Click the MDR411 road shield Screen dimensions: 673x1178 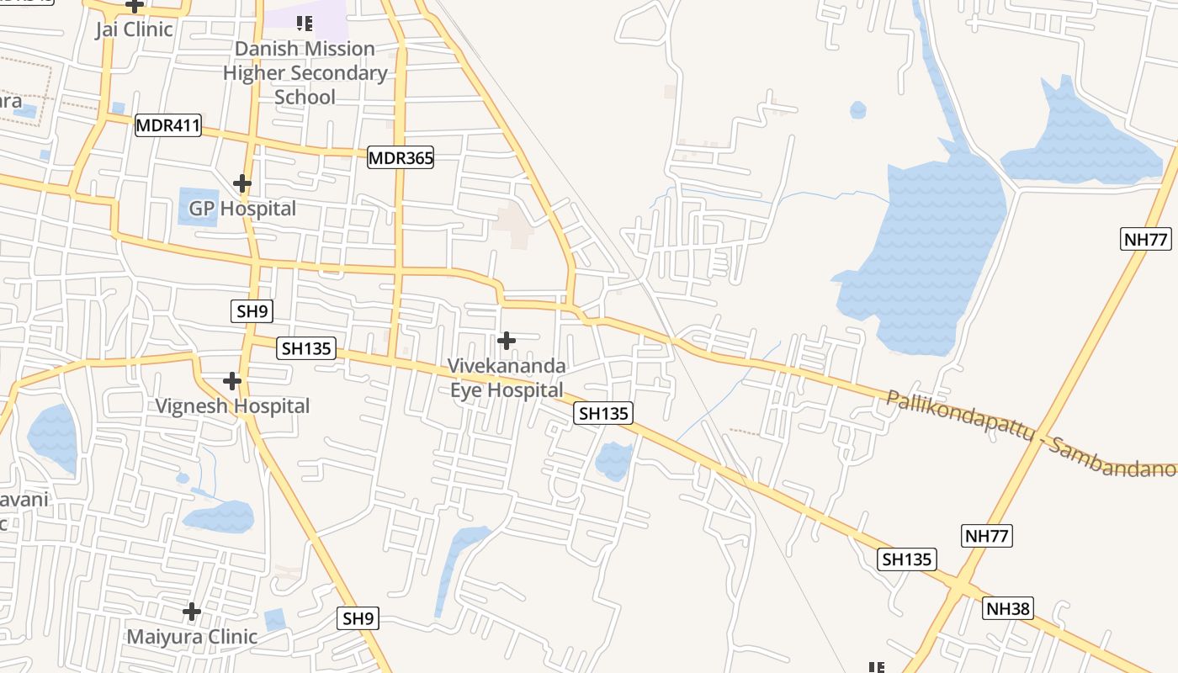point(168,126)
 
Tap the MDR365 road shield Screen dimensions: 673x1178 point(401,157)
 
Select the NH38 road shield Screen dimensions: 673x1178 point(1008,609)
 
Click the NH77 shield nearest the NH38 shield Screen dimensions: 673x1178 point(987,536)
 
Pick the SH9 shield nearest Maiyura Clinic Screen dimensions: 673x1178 point(358,618)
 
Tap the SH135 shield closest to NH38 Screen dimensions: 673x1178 point(908,559)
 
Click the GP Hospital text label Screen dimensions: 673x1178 point(242,208)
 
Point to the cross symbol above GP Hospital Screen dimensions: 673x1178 point(242,183)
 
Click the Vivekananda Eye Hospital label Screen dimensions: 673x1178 point(507,379)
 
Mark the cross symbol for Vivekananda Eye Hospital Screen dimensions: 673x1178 point(507,341)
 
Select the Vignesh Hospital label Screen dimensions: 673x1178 point(232,406)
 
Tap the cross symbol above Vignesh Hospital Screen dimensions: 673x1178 point(232,381)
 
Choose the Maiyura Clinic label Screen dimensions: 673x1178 point(192,637)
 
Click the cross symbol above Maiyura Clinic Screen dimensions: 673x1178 point(192,612)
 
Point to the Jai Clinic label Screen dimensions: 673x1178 point(134,29)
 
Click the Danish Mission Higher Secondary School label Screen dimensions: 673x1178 point(305,73)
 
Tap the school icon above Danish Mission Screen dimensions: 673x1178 point(305,24)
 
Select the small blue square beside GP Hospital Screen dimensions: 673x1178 point(198,206)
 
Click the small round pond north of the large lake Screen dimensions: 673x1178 point(857,110)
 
